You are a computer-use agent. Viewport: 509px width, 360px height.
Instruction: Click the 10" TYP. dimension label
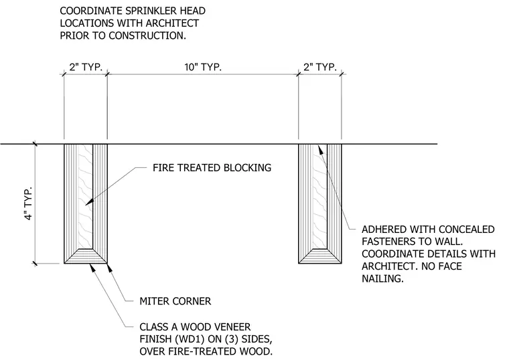(203, 67)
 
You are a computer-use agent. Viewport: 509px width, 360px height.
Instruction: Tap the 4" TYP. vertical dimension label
(29, 203)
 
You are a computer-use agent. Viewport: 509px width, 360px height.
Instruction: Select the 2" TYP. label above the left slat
(86, 67)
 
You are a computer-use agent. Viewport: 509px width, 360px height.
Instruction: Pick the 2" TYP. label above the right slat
(320, 67)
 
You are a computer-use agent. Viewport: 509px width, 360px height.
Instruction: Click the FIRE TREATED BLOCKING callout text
(212, 168)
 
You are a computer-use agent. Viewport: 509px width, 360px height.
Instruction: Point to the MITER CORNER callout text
(175, 301)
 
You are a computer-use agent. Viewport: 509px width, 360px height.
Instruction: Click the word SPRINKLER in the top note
(147, 11)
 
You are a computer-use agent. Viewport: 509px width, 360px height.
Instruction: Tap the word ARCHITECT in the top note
(172, 23)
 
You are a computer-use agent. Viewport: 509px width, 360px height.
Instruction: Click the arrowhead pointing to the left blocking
(89, 201)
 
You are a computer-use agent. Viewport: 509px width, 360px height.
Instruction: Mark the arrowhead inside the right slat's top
(320, 149)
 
